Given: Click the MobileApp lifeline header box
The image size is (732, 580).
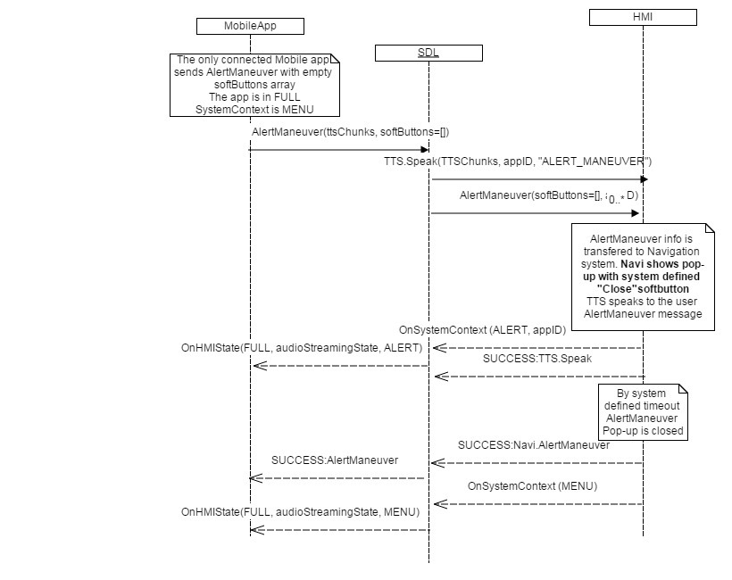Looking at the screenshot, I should click(250, 26).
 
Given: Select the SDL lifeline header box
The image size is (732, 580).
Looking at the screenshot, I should click(428, 54).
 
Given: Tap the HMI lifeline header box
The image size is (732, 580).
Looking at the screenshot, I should click(643, 17).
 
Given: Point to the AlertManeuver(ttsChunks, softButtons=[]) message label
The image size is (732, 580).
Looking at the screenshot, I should click(350, 132).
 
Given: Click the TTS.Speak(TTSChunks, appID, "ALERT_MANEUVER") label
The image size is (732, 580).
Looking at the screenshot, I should click(517, 162).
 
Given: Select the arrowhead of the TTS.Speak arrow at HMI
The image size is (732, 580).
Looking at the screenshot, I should click(643, 179).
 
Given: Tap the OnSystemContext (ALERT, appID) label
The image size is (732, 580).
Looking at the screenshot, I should click(482, 330).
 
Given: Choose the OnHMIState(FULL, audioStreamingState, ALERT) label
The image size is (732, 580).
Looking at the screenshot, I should click(302, 348).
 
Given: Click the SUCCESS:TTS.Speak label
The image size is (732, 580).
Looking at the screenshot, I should click(538, 359).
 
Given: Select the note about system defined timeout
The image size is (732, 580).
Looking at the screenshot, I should click(643, 411).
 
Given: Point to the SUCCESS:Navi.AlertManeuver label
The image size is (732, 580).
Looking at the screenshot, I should click(534, 444).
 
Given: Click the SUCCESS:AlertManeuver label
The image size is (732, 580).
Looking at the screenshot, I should click(335, 460).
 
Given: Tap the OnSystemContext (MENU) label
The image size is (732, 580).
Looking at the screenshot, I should click(532, 486).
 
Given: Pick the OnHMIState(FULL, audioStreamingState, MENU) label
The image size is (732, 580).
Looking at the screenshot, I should click(300, 512).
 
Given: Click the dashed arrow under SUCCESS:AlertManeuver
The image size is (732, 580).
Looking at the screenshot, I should click(339, 478).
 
